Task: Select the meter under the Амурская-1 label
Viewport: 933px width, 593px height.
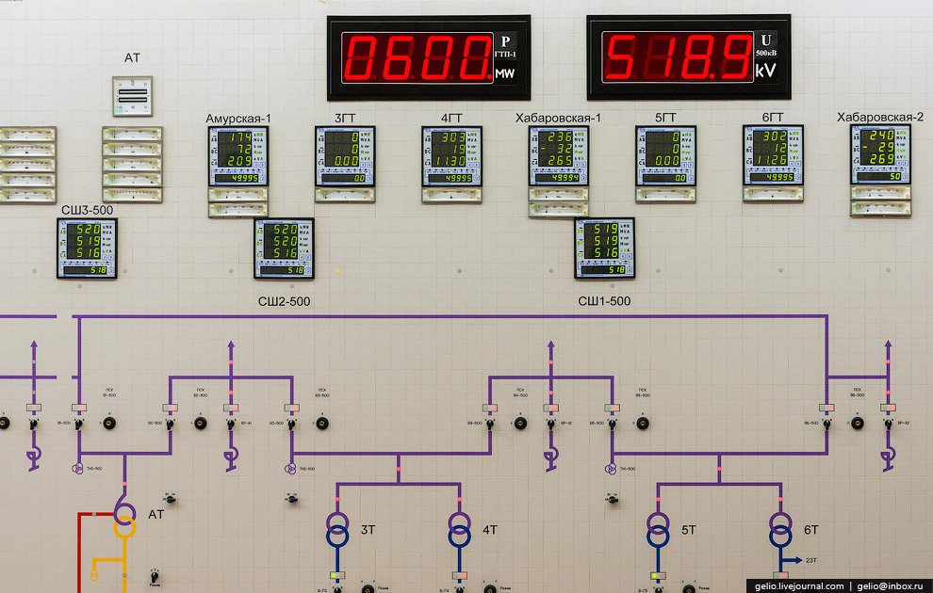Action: pos(237,156)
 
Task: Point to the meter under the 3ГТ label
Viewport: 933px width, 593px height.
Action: pos(345,156)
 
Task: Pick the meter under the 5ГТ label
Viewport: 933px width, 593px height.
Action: pos(665,156)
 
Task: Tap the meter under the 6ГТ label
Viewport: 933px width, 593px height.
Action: pos(773,156)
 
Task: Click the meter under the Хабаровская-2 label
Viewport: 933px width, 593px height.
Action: pos(880,155)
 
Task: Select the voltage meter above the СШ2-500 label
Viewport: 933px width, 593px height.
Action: pos(284,248)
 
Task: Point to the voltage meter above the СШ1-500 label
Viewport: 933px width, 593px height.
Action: pos(605,248)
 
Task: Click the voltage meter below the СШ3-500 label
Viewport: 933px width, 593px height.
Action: pos(87,248)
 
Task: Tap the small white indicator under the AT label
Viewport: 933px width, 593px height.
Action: pos(132,96)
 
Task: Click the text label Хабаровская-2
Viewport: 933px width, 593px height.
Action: pos(880,117)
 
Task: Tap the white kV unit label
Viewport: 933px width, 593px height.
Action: pos(765,71)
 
